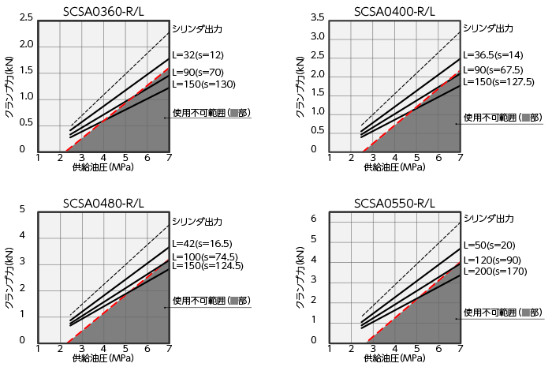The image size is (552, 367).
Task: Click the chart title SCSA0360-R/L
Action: click(103, 10)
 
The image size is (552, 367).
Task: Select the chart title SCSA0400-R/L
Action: click(394, 10)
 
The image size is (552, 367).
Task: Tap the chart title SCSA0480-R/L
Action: click(103, 203)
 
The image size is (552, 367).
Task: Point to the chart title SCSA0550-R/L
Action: click(394, 203)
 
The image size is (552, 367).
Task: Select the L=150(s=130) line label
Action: click(203, 84)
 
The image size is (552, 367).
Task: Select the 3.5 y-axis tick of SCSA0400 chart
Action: click(318, 17)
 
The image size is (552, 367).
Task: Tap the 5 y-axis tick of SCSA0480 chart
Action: click(23, 209)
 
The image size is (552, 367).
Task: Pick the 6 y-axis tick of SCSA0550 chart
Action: click(314, 219)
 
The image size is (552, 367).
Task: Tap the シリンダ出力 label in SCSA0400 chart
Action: click(488, 28)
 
